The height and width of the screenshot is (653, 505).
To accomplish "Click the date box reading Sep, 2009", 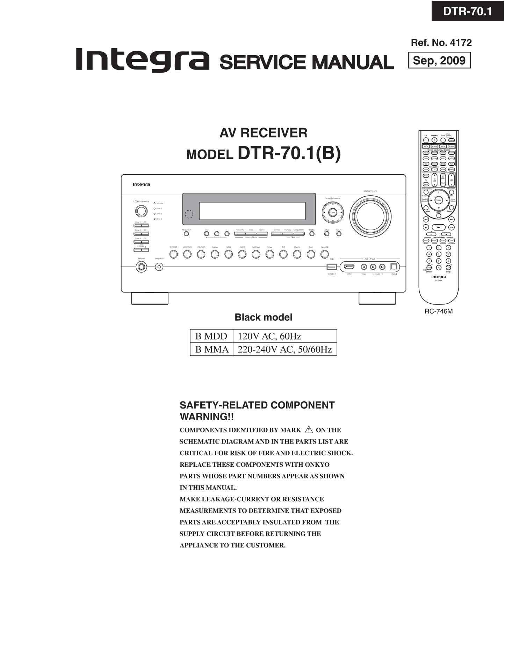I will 439,60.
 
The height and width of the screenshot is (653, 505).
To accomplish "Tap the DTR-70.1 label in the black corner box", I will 467,12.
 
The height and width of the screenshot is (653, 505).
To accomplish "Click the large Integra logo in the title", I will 142,60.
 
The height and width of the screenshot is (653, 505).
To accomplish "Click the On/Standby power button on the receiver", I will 141,211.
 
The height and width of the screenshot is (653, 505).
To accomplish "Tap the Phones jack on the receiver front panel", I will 141,267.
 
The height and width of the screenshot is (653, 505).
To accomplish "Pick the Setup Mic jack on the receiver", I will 159,267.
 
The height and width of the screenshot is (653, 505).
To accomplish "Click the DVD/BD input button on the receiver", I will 173,254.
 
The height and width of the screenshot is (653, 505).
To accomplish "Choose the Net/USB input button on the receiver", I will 325,254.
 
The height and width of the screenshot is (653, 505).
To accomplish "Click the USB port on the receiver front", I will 332,267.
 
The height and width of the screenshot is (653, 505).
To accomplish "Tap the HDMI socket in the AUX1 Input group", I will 349,267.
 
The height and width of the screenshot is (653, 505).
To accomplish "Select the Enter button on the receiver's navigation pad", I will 333,212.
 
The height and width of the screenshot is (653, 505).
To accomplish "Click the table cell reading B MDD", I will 211,336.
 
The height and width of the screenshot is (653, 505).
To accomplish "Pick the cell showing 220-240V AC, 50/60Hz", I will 284,349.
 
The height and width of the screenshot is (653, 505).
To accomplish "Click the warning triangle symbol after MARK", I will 309,430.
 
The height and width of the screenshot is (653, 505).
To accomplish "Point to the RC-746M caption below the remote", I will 439,311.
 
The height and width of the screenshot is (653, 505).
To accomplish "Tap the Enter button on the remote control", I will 439,200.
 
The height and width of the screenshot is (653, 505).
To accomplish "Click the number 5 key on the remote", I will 439,254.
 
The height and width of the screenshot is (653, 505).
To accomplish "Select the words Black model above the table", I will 263,317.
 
